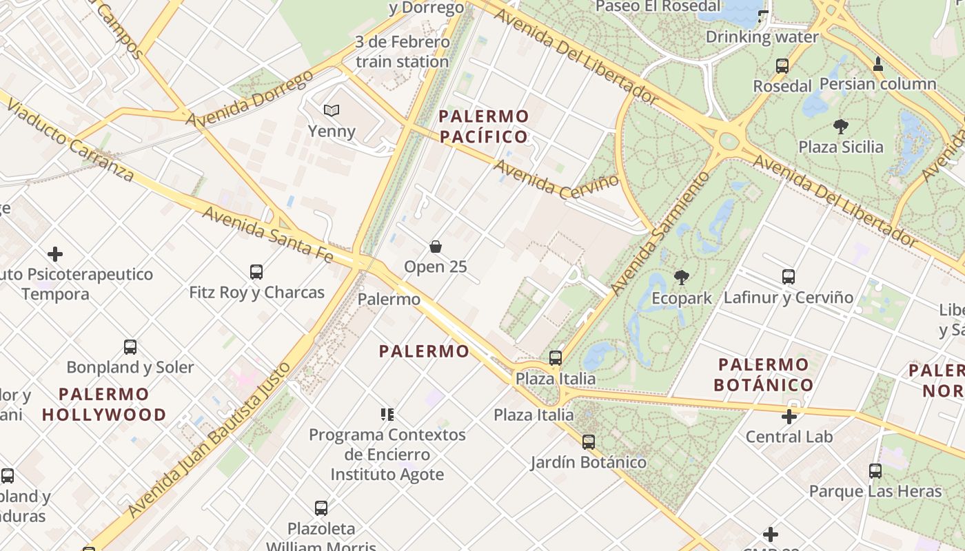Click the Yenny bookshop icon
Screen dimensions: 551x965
coord(332,110)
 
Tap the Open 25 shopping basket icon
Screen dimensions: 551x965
coord(436,246)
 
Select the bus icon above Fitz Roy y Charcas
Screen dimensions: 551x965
coord(256,272)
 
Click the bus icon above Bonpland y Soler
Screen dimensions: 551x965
coord(130,346)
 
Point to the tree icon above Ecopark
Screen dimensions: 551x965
coord(682,278)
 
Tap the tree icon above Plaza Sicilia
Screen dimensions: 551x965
coord(840,126)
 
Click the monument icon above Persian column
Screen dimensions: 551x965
coord(878,64)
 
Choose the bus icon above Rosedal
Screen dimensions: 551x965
coord(782,66)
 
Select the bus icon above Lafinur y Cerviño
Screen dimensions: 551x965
coord(789,277)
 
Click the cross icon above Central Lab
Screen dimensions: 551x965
coord(789,416)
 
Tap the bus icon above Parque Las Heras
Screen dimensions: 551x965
coord(875,471)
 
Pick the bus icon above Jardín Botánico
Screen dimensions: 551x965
coord(589,441)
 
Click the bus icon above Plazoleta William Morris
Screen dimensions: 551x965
coord(321,508)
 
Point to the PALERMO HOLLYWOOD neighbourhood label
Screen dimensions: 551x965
coord(104,404)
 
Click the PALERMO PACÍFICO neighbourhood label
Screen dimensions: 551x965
coord(484,126)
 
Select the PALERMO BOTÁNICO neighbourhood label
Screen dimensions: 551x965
coord(764,375)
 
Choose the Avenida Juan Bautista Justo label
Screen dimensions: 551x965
coord(207,441)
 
